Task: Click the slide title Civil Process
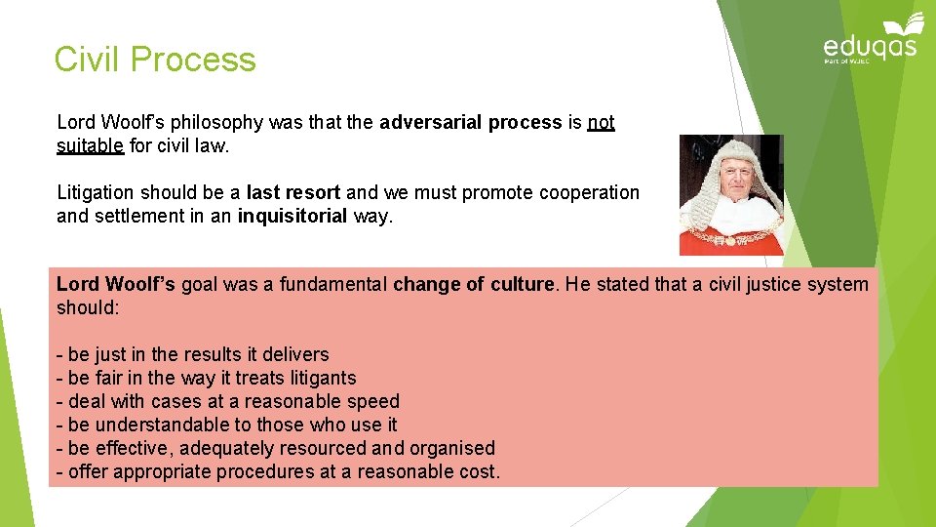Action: pyautogui.click(x=155, y=60)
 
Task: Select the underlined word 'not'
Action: pyautogui.click(x=602, y=123)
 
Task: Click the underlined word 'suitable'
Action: pyautogui.click(x=90, y=146)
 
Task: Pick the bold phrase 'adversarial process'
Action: pyautogui.click(x=470, y=123)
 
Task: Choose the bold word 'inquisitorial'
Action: pyautogui.click(x=292, y=217)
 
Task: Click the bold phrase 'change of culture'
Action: pyautogui.click(x=473, y=285)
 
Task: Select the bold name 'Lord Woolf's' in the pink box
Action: pyautogui.click(x=116, y=285)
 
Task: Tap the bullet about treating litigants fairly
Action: pyautogui.click(x=207, y=379)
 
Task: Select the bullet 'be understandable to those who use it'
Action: pyautogui.click(x=227, y=426)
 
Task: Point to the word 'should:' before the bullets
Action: pyautogui.click(x=88, y=308)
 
